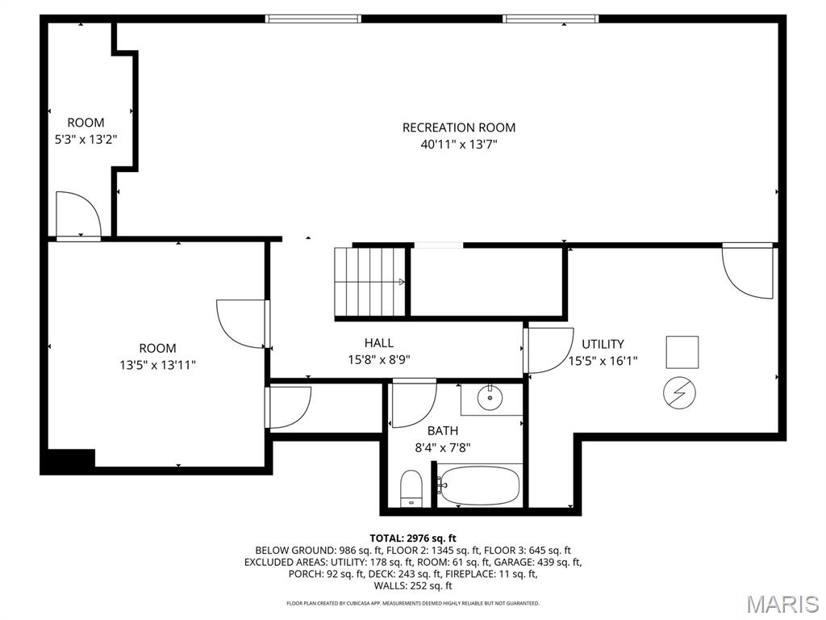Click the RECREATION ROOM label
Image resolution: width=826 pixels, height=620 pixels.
click(459, 128)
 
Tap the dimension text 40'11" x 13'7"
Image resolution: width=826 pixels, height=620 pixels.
click(459, 145)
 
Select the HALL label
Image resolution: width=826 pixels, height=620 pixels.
click(379, 343)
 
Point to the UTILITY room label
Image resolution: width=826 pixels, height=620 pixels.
click(603, 344)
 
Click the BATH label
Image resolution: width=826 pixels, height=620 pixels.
click(443, 431)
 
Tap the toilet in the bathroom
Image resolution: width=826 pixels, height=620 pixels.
click(411, 488)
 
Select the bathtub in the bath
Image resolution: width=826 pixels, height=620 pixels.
click(480, 485)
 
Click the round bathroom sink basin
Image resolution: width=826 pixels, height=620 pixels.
click(490, 398)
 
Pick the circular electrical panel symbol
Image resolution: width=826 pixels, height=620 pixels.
click(679, 393)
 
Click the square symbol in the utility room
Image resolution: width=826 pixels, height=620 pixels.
click(682, 352)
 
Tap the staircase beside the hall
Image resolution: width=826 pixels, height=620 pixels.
click(371, 282)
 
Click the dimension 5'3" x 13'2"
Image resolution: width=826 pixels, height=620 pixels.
click(86, 140)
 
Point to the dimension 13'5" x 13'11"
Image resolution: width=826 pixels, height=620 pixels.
click(157, 365)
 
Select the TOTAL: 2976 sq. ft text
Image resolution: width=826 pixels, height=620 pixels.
click(413, 538)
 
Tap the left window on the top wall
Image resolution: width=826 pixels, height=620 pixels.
click(313, 19)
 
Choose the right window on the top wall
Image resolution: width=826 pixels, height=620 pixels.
click(550, 19)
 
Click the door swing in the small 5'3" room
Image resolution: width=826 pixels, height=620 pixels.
click(79, 214)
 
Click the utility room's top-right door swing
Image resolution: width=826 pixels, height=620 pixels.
click(748, 271)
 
